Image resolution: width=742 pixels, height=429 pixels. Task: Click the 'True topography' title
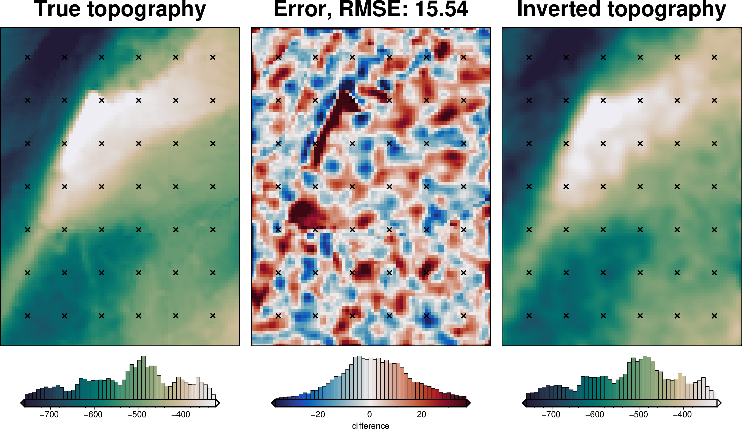click(x=120, y=9)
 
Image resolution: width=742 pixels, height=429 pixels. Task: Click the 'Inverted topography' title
click(x=622, y=9)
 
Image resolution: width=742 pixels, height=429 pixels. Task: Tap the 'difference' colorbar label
click(x=371, y=426)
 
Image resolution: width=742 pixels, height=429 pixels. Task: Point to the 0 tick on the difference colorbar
click(x=370, y=414)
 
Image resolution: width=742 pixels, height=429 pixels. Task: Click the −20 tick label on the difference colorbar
click(x=318, y=414)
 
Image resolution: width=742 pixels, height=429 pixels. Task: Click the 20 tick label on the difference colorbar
click(x=421, y=414)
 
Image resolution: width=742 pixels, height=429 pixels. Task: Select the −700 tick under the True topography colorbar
click(x=49, y=414)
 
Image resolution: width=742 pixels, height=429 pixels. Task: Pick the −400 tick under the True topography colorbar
click(x=180, y=414)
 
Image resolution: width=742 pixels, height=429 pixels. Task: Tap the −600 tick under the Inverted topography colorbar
click(x=594, y=414)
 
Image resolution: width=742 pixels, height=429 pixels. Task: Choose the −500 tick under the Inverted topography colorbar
click(x=638, y=414)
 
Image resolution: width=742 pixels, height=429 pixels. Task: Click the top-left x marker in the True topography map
click(x=27, y=57)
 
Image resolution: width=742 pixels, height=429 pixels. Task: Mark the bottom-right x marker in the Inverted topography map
click(x=714, y=316)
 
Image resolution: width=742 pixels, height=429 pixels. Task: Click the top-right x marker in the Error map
click(x=463, y=57)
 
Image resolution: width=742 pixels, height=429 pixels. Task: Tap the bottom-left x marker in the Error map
click(x=278, y=316)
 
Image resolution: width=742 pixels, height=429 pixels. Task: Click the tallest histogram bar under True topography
click(x=143, y=377)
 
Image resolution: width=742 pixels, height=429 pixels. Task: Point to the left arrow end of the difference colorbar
click(x=273, y=403)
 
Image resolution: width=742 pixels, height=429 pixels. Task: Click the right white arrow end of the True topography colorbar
click(x=217, y=403)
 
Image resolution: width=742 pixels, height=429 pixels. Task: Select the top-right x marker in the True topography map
click(x=213, y=57)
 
